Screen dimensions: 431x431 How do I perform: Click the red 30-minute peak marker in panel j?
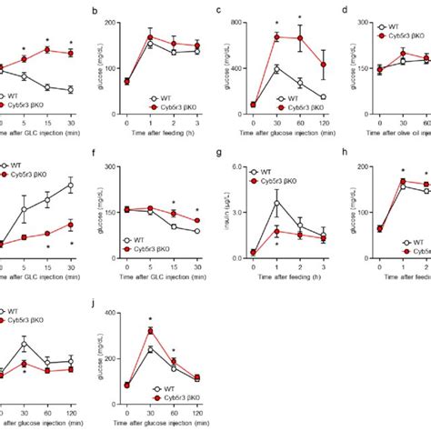tap(151, 331)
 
